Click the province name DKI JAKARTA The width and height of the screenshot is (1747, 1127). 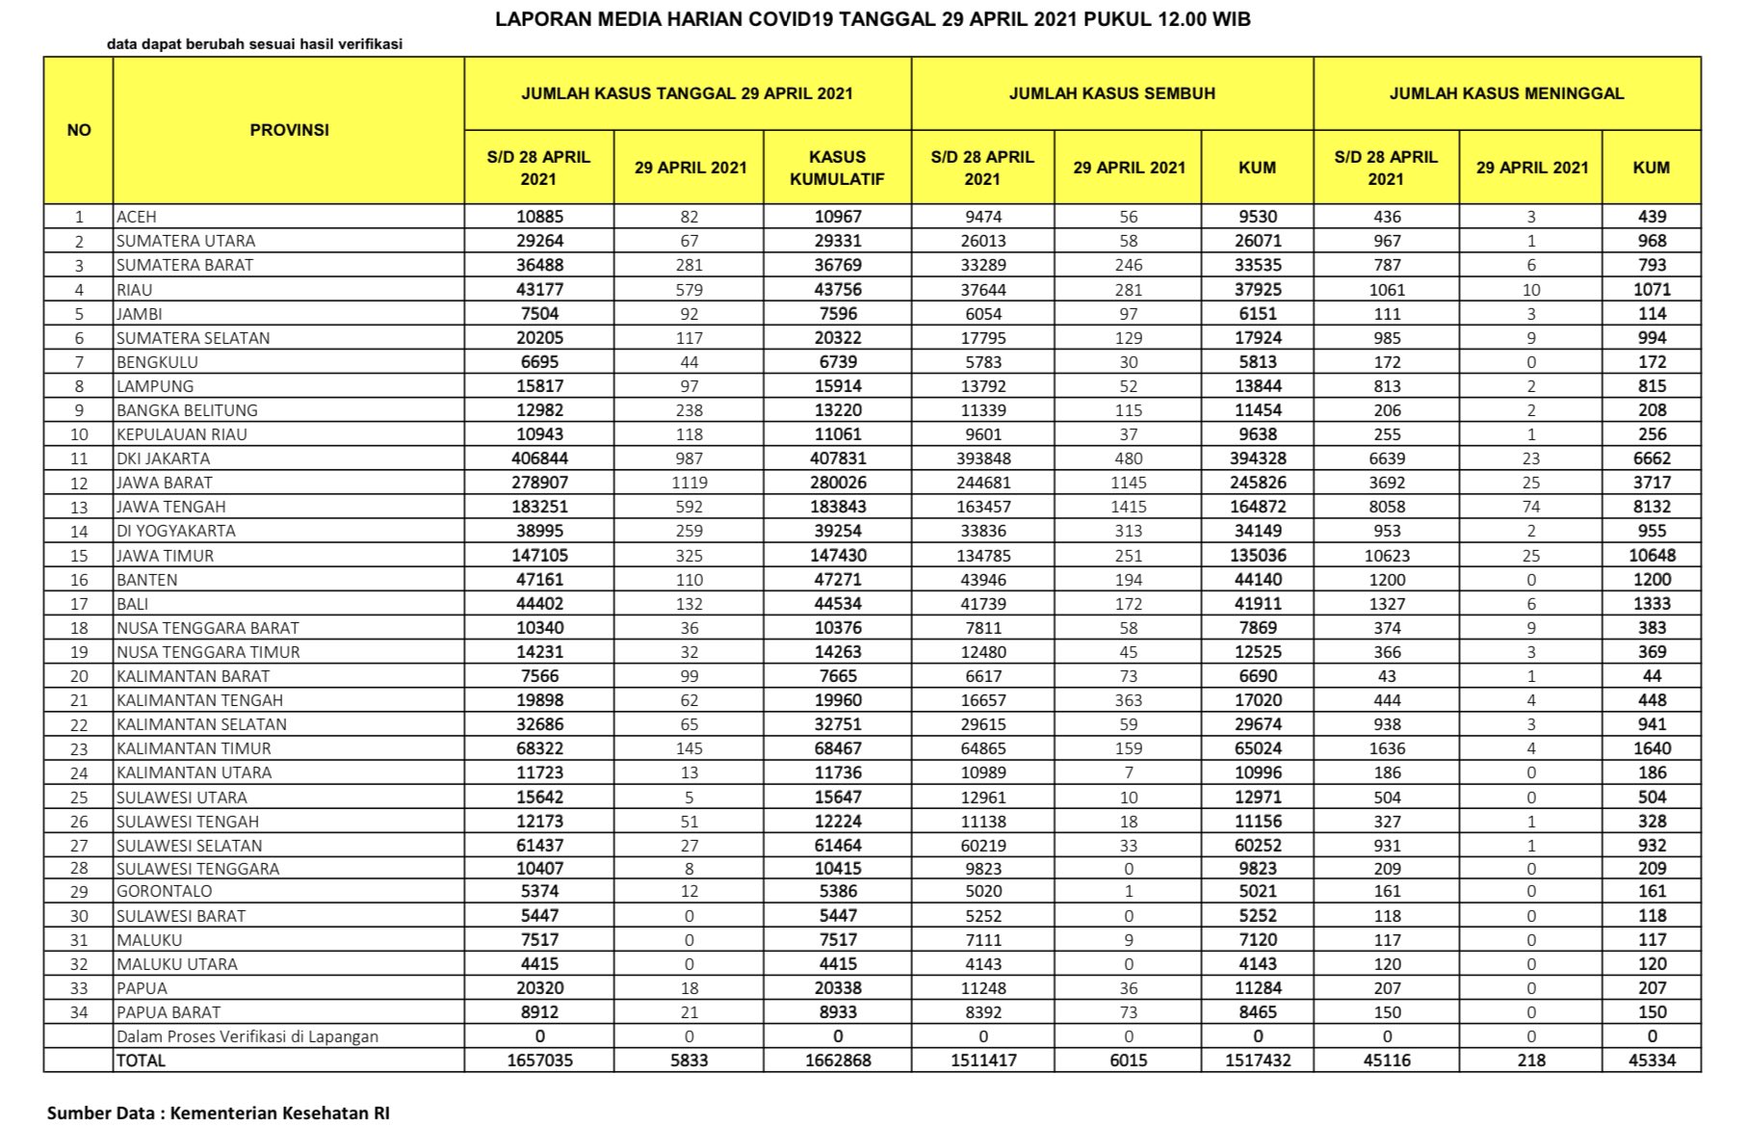[x=164, y=459]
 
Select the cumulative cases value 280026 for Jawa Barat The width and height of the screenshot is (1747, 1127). [x=837, y=483]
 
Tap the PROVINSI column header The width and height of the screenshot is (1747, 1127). [x=289, y=130]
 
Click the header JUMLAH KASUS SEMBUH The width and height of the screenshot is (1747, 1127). [x=1111, y=93]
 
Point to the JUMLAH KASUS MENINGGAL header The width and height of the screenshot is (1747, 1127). [x=1506, y=93]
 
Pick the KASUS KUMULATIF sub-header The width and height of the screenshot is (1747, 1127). [x=837, y=168]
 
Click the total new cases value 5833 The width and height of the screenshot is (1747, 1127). [x=689, y=1061]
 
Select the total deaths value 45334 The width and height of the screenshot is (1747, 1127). [x=1651, y=1061]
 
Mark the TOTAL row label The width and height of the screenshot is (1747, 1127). [x=141, y=1061]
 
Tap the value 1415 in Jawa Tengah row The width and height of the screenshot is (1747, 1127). [x=1128, y=507]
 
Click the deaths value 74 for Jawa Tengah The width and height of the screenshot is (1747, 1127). [x=1530, y=507]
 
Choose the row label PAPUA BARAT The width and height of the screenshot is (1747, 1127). [x=169, y=1012]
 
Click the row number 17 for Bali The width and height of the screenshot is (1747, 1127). [x=79, y=604]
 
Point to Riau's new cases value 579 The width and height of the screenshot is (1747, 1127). [x=689, y=290]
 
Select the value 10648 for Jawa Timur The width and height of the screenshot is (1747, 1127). [x=1651, y=556]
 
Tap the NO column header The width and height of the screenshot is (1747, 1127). [x=79, y=130]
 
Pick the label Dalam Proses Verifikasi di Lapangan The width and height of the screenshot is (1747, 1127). [x=248, y=1036]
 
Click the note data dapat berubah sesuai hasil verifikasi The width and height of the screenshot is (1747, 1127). [x=254, y=44]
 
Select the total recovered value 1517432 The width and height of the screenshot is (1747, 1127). [x=1257, y=1061]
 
